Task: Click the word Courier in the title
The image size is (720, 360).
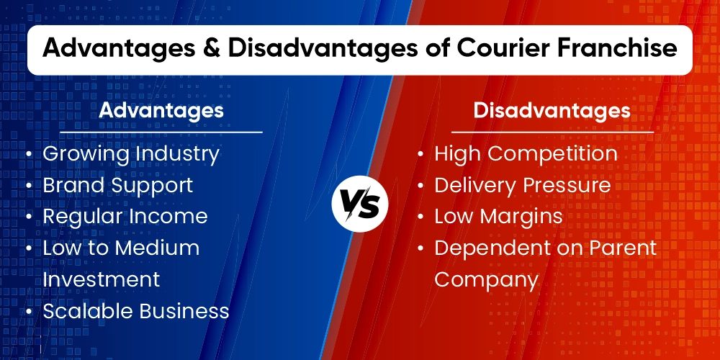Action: tap(505, 48)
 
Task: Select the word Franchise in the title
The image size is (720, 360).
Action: tap(623, 48)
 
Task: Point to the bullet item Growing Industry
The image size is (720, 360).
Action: tap(131, 153)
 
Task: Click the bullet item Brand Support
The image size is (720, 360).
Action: tap(117, 185)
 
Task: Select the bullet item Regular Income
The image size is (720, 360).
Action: tap(125, 216)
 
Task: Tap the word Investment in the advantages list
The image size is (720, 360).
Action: tap(101, 279)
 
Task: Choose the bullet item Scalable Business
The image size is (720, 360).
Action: tap(136, 310)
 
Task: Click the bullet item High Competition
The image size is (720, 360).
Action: tap(526, 153)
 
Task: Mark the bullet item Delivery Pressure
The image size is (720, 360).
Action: tap(523, 185)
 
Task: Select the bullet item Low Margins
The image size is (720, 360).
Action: tap(498, 216)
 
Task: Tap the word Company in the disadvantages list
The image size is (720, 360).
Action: tap(486, 279)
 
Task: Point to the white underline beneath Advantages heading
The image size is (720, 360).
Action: tap(161, 132)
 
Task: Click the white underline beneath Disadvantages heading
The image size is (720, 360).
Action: tap(552, 132)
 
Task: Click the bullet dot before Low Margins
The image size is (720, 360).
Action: tap(420, 217)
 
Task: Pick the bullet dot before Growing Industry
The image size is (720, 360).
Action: tap(28, 154)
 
